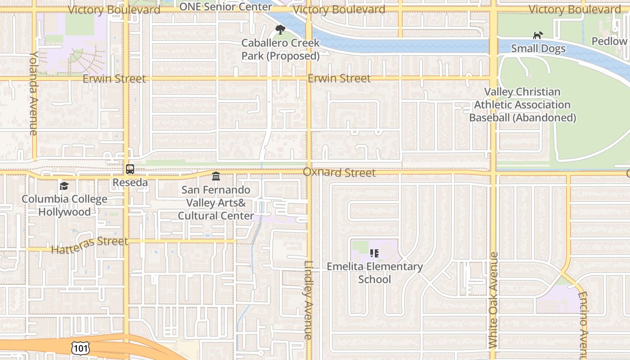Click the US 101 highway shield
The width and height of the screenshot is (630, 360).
tap(81, 348)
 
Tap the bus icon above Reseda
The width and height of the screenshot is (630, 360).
tap(130, 169)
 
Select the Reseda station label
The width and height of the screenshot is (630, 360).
tap(130, 182)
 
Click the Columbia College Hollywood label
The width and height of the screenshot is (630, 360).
tap(64, 205)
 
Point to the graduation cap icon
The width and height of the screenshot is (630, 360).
tap(64, 186)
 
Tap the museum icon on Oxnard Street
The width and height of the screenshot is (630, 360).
tap(216, 176)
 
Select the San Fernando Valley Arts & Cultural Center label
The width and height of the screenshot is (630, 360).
tap(216, 203)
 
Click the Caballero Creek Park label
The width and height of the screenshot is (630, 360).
tap(280, 49)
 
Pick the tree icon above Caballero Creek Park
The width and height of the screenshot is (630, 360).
tap(280, 30)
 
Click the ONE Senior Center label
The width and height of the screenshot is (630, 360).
tap(225, 7)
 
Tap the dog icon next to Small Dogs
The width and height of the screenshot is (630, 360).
tap(537, 35)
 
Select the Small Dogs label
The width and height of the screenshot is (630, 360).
tap(538, 49)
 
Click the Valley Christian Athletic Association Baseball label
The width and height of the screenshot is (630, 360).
tap(522, 105)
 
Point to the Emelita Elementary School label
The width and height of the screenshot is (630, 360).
tap(374, 273)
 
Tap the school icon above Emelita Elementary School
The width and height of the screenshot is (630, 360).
tap(374, 253)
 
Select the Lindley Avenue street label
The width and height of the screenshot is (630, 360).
tap(308, 300)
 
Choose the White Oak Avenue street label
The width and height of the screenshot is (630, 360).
tap(493, 300)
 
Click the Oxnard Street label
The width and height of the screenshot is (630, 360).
tap(339, 173)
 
